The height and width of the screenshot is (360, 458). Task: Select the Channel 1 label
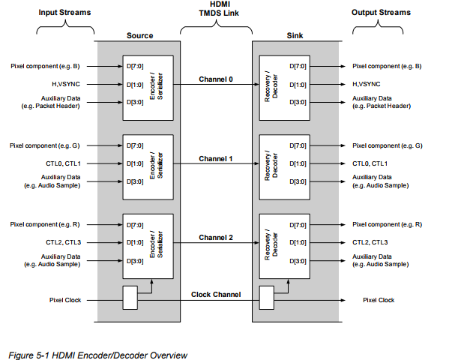216,158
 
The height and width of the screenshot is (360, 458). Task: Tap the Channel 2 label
216,237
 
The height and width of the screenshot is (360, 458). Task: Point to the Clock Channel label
216,294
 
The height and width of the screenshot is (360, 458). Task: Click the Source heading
140,35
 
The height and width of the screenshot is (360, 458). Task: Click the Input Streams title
65,13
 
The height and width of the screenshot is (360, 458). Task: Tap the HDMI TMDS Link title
216,13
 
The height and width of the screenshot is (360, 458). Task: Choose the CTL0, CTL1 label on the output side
370,163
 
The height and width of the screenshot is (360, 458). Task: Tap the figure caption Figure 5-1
97,354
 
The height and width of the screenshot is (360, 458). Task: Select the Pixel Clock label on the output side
379,300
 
